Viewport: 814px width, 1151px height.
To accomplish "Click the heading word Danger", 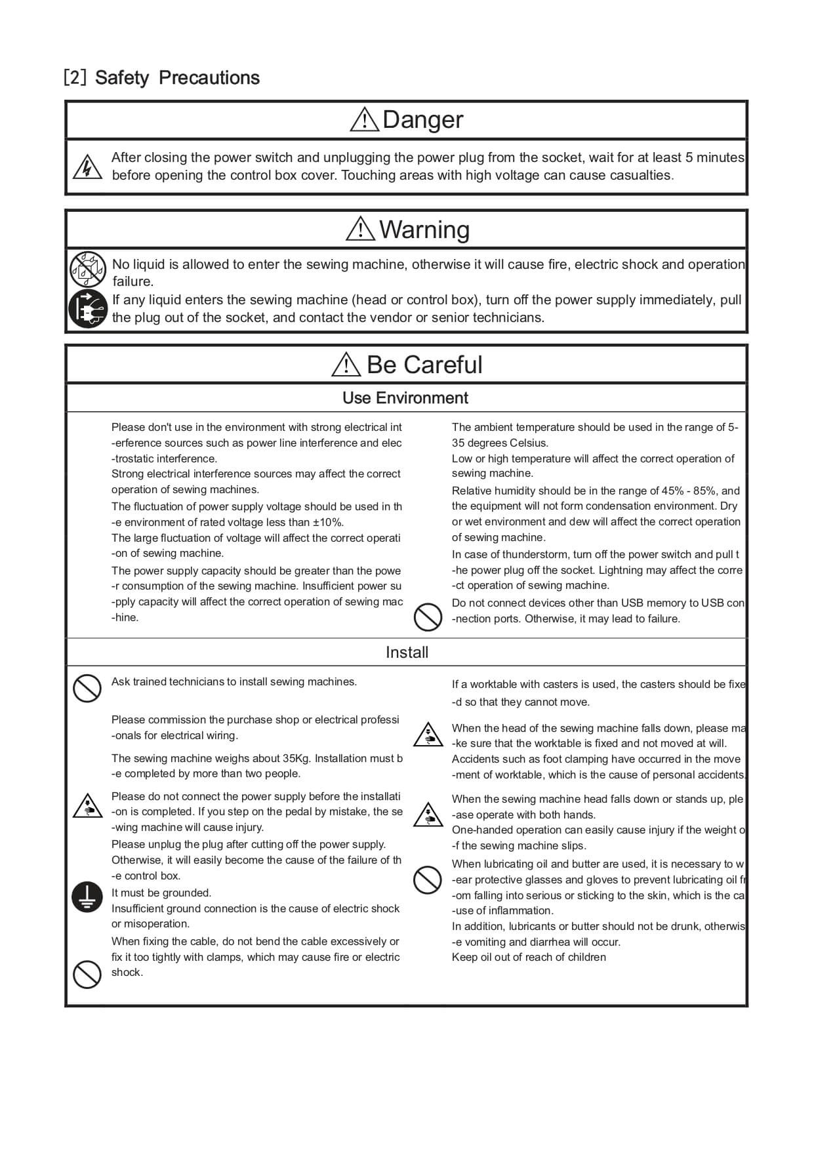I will [x=422, y=120].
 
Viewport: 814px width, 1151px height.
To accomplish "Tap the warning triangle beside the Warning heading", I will [x=360, y=229].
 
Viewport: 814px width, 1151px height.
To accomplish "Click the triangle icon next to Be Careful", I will [x=346, y=365].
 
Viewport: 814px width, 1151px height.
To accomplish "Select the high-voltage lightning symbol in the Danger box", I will [x=87, y=167].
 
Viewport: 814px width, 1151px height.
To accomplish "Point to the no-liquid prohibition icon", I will [x=88, y=269].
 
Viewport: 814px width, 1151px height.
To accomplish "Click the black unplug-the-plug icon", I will [x=88, y=308].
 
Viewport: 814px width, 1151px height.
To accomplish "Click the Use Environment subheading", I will [x=405, y=398].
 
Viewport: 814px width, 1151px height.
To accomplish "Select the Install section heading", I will [x=407, y=653].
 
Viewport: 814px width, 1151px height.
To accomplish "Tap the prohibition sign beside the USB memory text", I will [x=428, y=617].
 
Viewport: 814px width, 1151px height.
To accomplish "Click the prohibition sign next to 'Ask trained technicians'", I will [x=87, y=688].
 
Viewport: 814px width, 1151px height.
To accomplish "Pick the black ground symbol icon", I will [x=87, y=897].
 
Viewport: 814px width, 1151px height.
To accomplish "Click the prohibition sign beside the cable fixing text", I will [x=87, y=973].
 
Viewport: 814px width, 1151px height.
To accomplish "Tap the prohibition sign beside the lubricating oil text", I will [x=428, y=879].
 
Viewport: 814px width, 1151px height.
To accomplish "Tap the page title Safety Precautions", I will [x=177, y=78].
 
